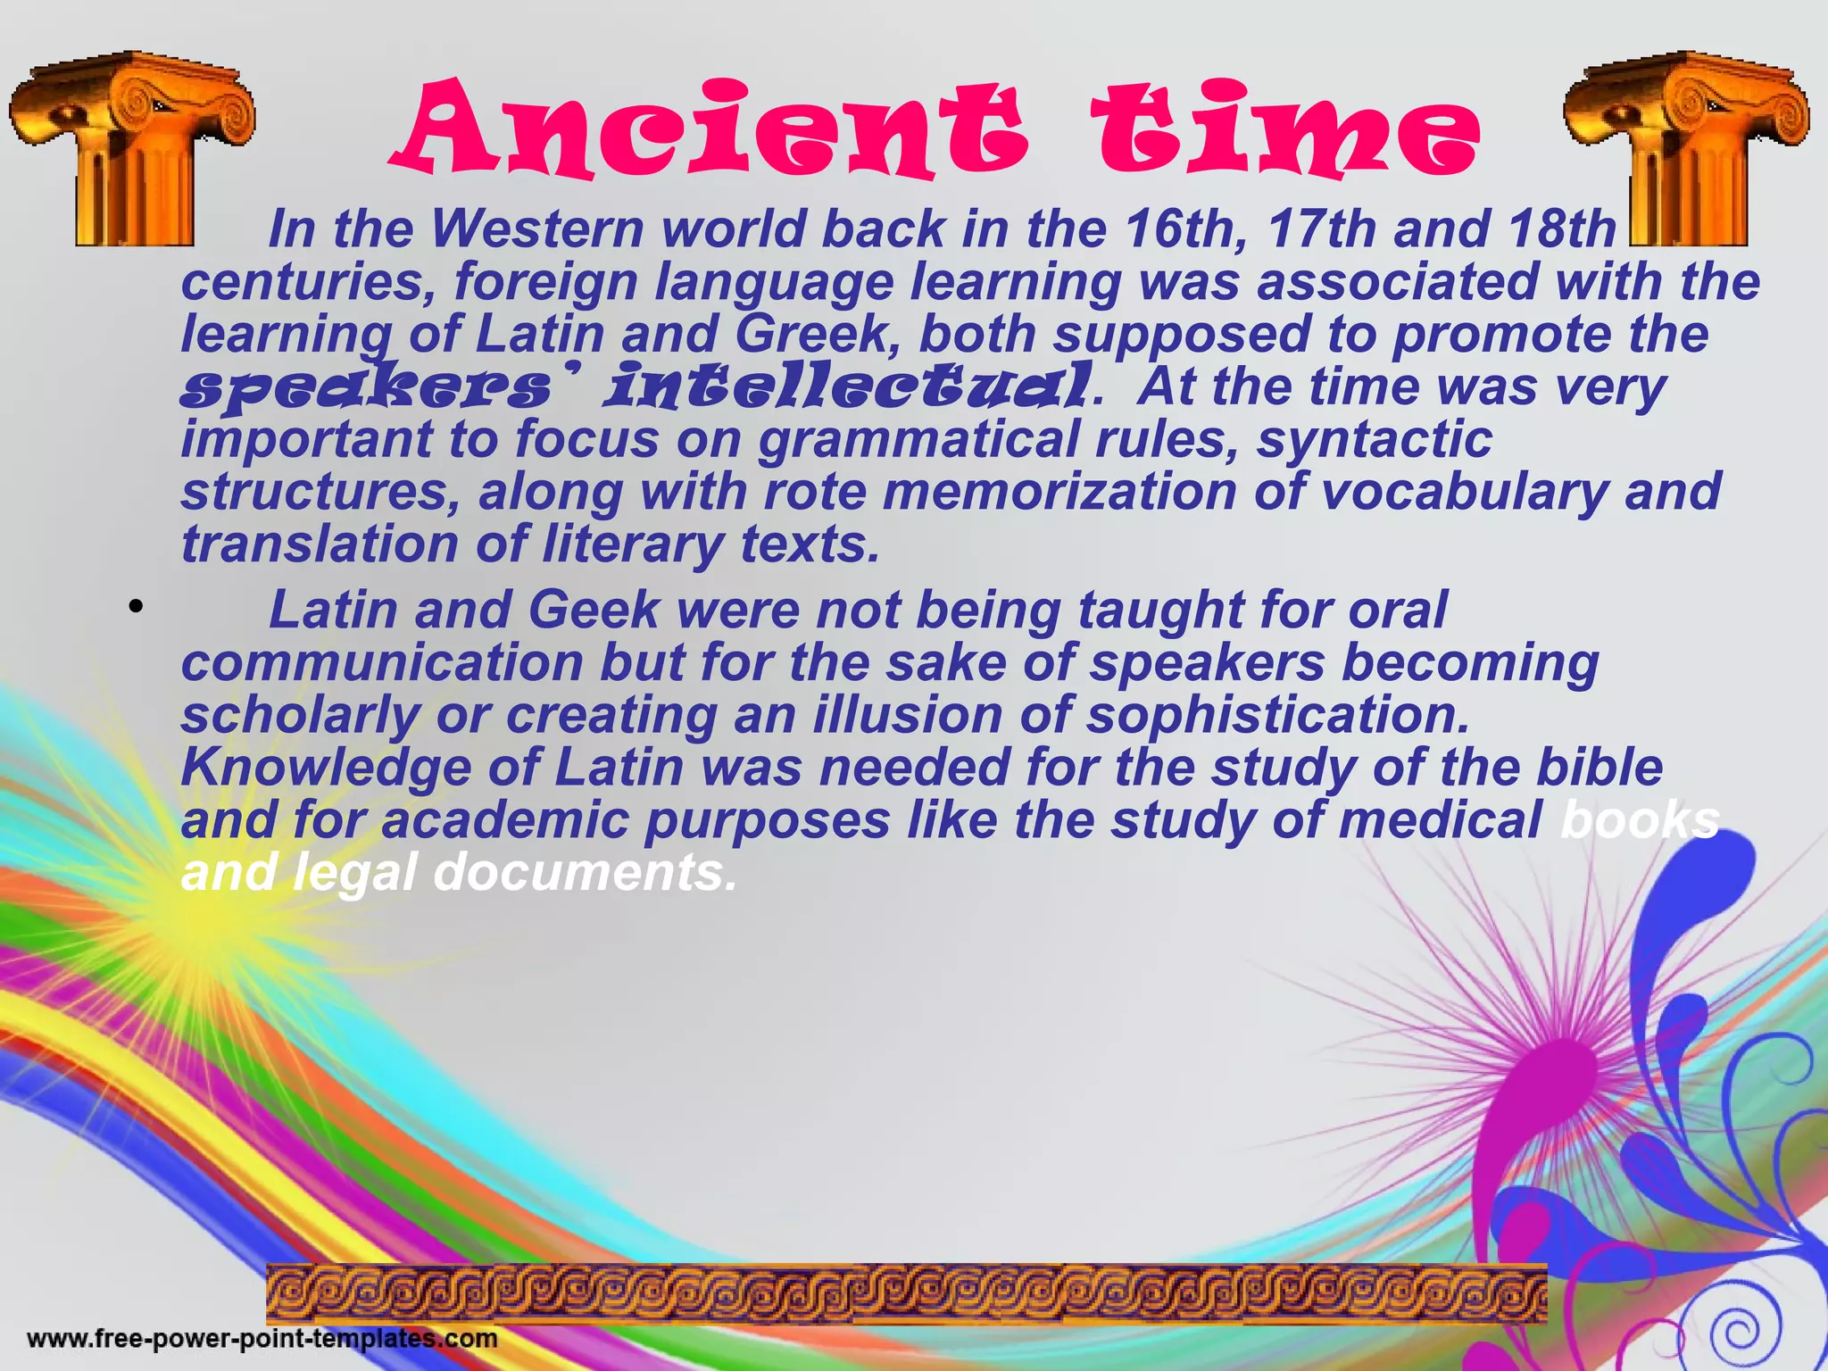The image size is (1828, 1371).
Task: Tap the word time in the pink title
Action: (x=1285, y=129)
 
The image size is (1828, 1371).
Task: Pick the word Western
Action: (x=537, y=229)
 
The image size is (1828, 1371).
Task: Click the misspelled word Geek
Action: (x=594, y=611)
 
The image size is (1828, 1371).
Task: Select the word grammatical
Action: (x=919, y=440)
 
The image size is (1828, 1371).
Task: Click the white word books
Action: (x=1639, y=820)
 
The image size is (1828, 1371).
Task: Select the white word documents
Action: (x=586, y=873)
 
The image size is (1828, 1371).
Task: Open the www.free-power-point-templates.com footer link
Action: (x=262, y=1339)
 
